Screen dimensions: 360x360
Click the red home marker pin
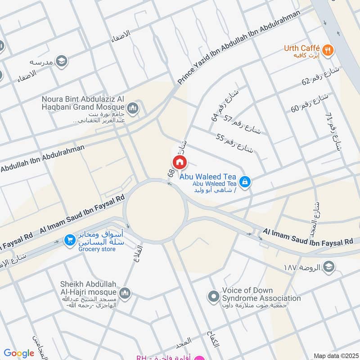179,162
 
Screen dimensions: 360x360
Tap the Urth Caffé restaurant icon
329,50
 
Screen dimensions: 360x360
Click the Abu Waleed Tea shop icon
244,181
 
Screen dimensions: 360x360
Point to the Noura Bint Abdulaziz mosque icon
132,108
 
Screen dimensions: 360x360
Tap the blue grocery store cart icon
69,240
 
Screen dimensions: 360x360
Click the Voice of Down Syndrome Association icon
213,296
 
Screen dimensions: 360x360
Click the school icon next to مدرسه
61,61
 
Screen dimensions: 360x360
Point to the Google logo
19,353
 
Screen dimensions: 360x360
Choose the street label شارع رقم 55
234,143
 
